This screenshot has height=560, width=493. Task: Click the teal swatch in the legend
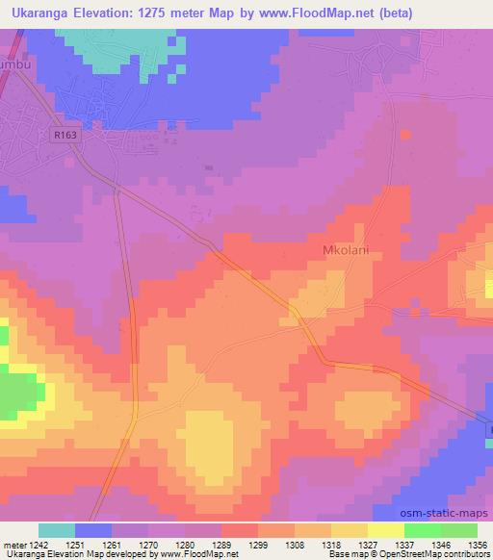[57, 529]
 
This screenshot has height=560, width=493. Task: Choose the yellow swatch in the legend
[386, 529]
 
